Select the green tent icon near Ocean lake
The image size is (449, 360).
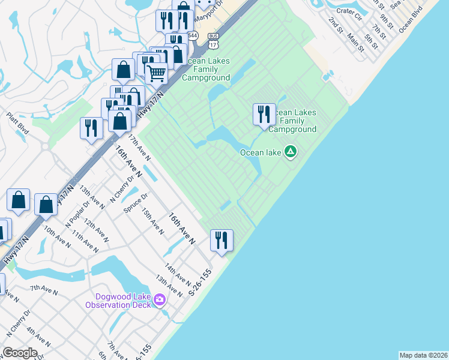[x=291, y=151]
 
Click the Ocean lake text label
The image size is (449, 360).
[x=261, y=152]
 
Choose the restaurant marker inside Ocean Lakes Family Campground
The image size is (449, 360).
[x=264, y=114]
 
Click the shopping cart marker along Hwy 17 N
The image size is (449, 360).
[x=156, y=74]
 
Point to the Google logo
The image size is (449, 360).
[x=20, y=352]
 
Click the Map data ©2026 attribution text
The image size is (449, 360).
[x=423, y=355]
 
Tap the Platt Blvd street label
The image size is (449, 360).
[x=17, y=123]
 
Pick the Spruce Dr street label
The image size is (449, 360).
[x=135, y=204]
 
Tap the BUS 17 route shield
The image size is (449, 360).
[x=213, y=40]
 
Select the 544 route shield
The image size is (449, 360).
[x=191, y=36]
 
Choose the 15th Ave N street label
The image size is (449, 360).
[x=152, y=220]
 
